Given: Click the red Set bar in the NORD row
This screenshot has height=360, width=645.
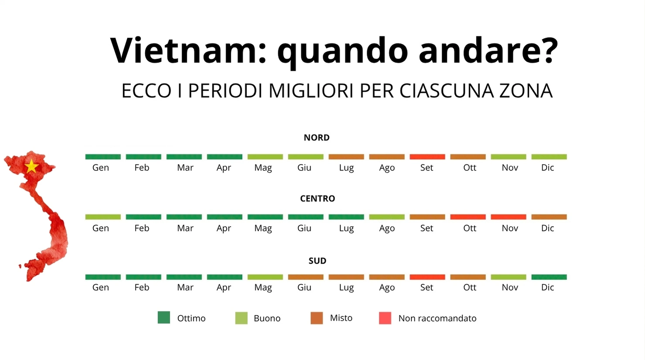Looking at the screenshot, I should pyautogui.click(x=427, y=157).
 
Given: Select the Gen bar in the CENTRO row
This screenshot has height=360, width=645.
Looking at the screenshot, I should pyautogui.click(x=103, y=217).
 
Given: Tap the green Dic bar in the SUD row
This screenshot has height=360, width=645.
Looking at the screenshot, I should pyautogui.click(x=549, y=277).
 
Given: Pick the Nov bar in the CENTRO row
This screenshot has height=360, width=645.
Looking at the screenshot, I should pyautogui.click(x=508, y=217).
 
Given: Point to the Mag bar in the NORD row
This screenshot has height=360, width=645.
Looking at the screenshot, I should pyautogui.click(x=265, y=157).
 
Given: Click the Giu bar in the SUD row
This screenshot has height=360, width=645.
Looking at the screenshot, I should pyautogui.click(x=305, y=277).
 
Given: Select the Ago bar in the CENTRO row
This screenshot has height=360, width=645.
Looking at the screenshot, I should pyautogui.click(x=386, y=217).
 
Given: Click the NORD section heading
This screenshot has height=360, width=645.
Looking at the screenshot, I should pyautogui.click(x=317, y=138).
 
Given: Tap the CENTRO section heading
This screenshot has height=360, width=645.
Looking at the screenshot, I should pyautogui.click(x=317, y=199).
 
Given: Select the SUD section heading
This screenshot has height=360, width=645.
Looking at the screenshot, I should pyautogui.click(x=317, y=261).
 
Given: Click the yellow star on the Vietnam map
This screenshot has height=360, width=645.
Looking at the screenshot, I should pyautogui.click(x=31, y=166).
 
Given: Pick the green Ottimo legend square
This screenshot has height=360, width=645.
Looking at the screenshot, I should pyautogui.click(x=164, y=318).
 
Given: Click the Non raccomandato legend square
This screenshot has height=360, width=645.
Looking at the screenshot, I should pyautogui.click(x=385, y=318).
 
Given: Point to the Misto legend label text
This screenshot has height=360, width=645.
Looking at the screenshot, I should pyautogui.click(x=341, y=318).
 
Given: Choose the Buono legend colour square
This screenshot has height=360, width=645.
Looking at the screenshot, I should pyautogui.click(x=241, y=318).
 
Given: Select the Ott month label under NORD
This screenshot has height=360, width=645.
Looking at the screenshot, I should pyautogui.click(x=470, y=168).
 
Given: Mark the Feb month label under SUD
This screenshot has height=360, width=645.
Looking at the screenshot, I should pyautogui.click(x=142, y=288).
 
